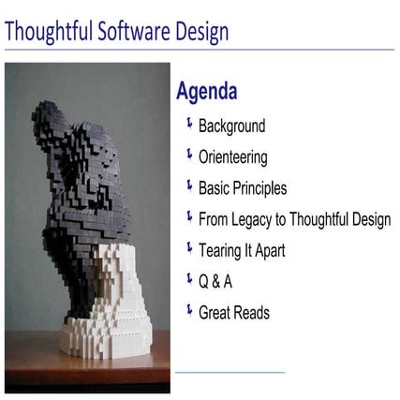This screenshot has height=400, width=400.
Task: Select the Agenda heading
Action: coord(206,92)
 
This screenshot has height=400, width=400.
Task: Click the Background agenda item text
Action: coord(231,126)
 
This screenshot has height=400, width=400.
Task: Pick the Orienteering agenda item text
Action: coord(232,157)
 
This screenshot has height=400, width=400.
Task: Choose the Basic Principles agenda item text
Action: coord(243,188)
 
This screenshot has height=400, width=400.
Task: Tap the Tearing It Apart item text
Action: coord(242,250)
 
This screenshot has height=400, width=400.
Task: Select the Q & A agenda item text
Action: coord(215,281)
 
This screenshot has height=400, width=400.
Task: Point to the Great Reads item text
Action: coord(234,312)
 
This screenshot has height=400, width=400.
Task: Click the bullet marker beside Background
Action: coord(189,125)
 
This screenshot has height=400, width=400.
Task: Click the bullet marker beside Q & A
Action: coord(189,279)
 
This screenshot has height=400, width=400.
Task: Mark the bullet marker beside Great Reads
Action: coord(189,310)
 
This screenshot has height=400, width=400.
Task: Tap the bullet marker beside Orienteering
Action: coord(189,156)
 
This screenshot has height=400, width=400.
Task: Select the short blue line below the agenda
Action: coord(230,373)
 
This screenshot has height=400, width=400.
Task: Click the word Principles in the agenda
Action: coord(261,188)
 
